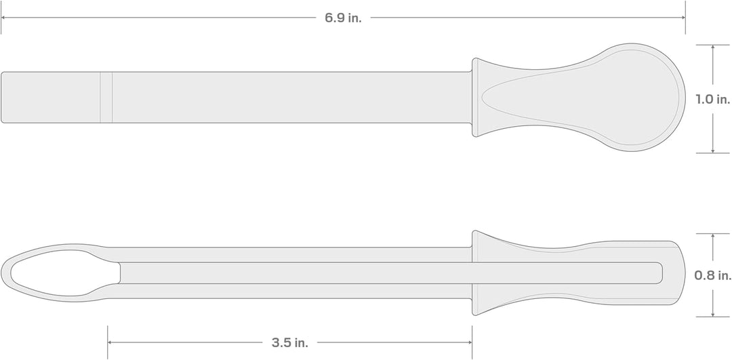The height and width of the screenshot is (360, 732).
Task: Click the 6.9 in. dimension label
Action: [x=343, y=18]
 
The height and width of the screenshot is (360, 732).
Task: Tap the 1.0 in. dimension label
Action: [x=713, y=100]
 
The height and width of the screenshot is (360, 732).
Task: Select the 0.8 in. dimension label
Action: [x=713, y=275]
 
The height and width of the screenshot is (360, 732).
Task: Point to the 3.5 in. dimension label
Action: [x=290, y=343]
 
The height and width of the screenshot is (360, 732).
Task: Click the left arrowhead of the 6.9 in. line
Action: [x=4, y=18]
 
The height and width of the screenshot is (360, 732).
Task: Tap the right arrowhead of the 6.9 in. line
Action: [x=682, y=18]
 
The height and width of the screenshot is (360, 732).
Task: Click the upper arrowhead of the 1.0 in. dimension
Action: [x=713, y=47]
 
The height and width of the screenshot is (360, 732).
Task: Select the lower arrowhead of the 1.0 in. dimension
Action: [x=713, y=150]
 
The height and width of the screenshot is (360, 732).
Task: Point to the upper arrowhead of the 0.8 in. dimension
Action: [x=713, y=236]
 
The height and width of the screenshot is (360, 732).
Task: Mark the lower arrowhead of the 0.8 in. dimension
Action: [x=713, y=314]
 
